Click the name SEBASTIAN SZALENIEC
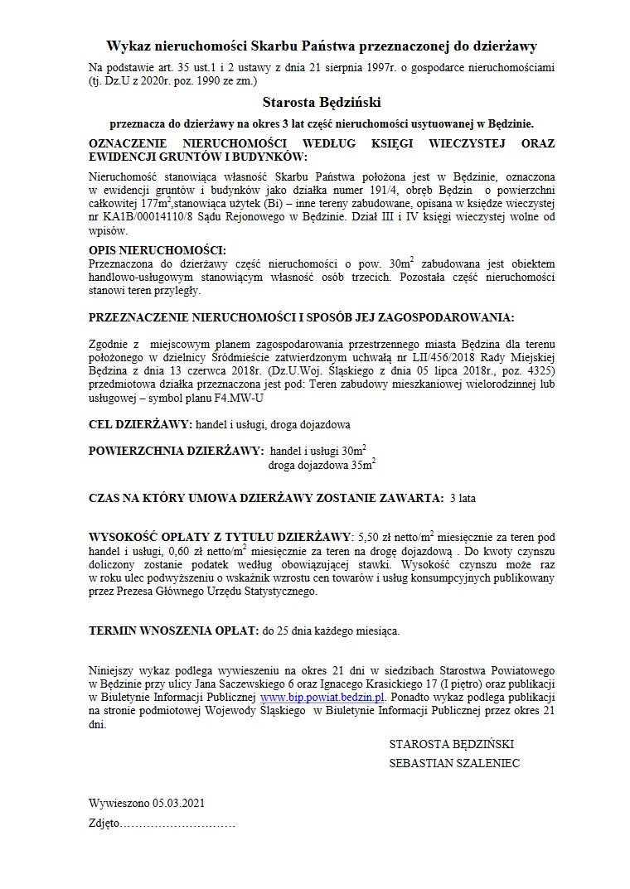[x=454, y=763]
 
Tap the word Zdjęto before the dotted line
[x=104, y=825]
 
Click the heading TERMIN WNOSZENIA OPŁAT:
[x=174, y=631]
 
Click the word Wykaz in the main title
[x=126, y=47]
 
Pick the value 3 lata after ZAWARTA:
[x=463, y=498]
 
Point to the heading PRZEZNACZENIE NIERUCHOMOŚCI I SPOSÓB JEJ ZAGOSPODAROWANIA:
[x=301, y=317]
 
